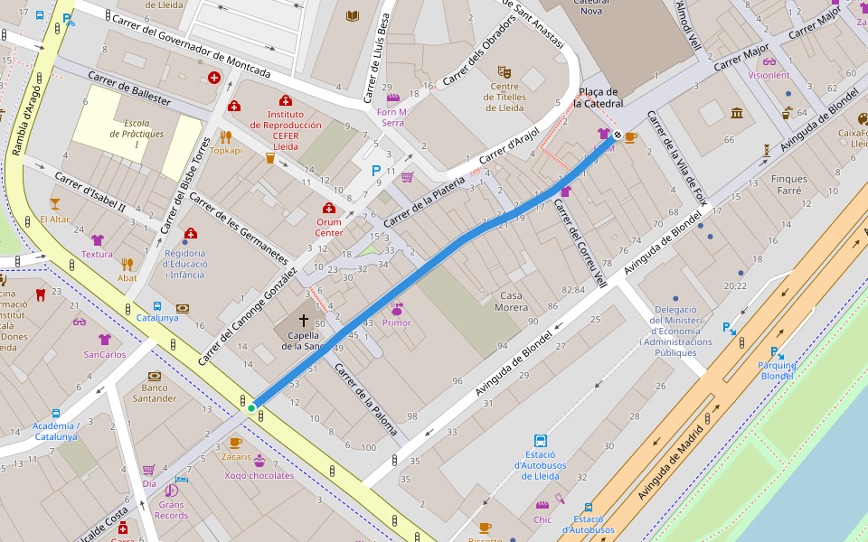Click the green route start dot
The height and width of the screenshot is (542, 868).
point(251,408)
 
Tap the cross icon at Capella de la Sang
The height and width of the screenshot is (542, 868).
point(304,321)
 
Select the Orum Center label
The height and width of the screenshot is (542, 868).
point(328,226)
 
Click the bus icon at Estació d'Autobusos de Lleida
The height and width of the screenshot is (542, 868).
point(541,441)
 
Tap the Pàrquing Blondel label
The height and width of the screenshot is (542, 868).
point(777,370)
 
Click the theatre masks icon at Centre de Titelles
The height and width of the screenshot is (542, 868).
point(505,70)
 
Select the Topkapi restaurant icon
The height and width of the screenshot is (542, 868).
point(226,136)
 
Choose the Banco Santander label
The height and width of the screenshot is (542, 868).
point(155,392)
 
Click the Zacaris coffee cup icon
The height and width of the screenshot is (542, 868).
point(235,443)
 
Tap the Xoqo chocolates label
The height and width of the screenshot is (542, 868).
point(259,475)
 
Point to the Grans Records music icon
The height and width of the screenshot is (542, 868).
point(171,491)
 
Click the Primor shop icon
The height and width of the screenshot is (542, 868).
point(396,308)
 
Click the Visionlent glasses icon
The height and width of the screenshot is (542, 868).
point(769,61)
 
